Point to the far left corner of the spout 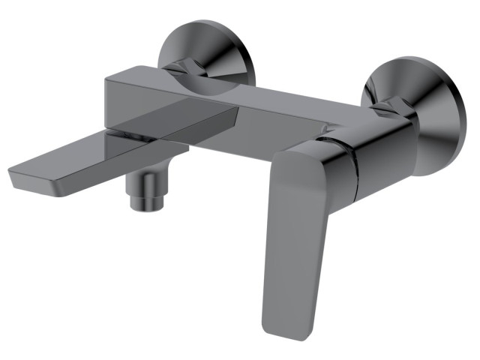click(x=10, y=177)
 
